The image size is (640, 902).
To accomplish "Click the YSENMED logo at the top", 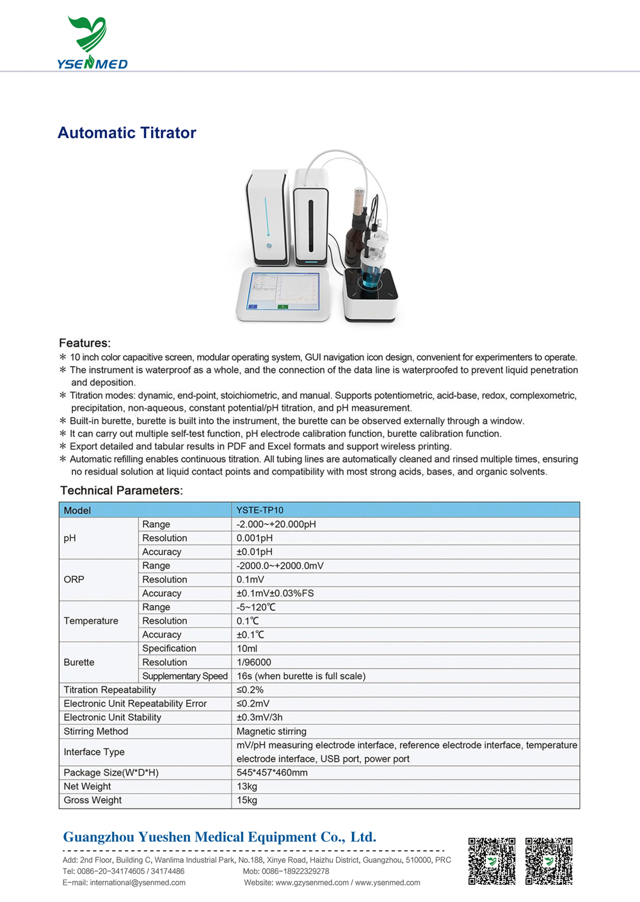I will [x=92, y=44].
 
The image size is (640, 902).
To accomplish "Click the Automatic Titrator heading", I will [x=127, y=133].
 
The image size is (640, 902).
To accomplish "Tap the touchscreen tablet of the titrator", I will [x=284, y=292].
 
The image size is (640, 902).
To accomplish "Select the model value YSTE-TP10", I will [x=260, y=510].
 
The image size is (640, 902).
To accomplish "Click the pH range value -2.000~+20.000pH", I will [x=276, y=524].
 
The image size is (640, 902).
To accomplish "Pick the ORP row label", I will [x=74, y=579].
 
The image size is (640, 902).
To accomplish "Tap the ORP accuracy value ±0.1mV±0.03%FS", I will [x=275, y=593].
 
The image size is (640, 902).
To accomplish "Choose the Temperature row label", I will [x=91, y=621].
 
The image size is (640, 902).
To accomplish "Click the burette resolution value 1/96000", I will [x=254, y=662].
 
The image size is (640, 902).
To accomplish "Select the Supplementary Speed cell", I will [x=185, y=676].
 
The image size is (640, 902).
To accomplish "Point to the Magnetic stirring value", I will [x=271, y=731].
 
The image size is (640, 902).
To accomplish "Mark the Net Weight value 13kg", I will [x=247, y=786].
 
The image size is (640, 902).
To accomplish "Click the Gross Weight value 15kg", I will [x=247, y=800].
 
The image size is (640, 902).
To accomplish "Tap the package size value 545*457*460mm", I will [x=272, y=773].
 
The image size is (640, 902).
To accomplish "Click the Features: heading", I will [x=84, y=343].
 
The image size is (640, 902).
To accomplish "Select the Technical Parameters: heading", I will [x=122, y=491].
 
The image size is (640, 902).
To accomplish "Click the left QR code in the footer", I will [x=492, y=861].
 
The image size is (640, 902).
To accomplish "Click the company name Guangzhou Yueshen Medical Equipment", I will [x=220, y=837].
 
